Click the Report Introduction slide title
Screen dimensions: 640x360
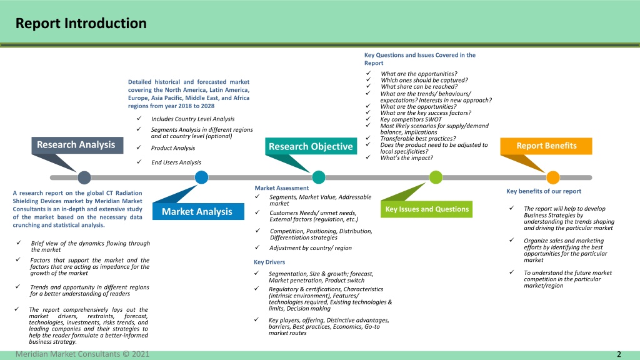(x=81, y=23)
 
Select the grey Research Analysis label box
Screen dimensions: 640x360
(x=77, y=145)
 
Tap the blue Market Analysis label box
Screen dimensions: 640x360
(x=198, y=211)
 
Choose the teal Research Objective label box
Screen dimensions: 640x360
(x=311, y=146)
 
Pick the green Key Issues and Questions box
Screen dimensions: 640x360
(x=426, y=209)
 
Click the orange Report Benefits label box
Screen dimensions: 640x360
(x=546, y=146)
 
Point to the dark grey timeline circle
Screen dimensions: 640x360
(x=84, y=177)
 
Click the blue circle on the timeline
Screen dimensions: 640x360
(x=201, y=177)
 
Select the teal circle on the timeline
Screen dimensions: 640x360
(x=318, y=177)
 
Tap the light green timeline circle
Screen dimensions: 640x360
(x=436, y=177)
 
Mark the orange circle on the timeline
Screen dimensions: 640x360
(x=552, y=177)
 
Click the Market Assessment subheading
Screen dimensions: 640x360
(x=282, y=188)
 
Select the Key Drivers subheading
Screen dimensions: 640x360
(x=269, y=262)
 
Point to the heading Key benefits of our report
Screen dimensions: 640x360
(x=544, y=191)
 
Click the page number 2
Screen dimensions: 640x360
(x=619, y=354)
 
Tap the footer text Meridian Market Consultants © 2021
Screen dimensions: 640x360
(x=82, y=354)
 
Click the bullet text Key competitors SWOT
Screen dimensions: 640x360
(x=411, y=119)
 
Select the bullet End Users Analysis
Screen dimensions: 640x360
(x=176, y=162)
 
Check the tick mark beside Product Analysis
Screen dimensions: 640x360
(x=139, y=147)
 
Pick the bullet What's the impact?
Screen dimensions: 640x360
(x=406, y=158)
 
